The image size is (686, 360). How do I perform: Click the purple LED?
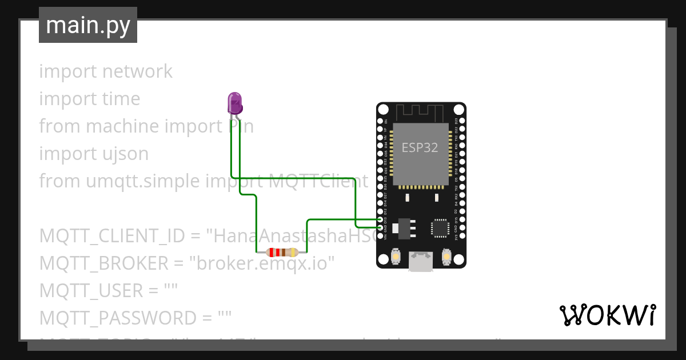click(x=235, y=103)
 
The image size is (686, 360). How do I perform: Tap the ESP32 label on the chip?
click(x=420, y=147)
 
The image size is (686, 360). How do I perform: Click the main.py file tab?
click(x=88, y=25)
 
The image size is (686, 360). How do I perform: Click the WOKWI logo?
click(x=607, y=315)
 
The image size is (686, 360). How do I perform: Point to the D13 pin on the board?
click(x=381, y=219)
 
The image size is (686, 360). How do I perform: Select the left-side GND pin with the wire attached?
click(x=381, y=227)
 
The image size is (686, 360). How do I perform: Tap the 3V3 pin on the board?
click(x=461, y=235)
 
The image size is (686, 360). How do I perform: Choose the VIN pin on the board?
click(x=381, y=235)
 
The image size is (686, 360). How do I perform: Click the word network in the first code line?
click(x=137, y=71)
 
